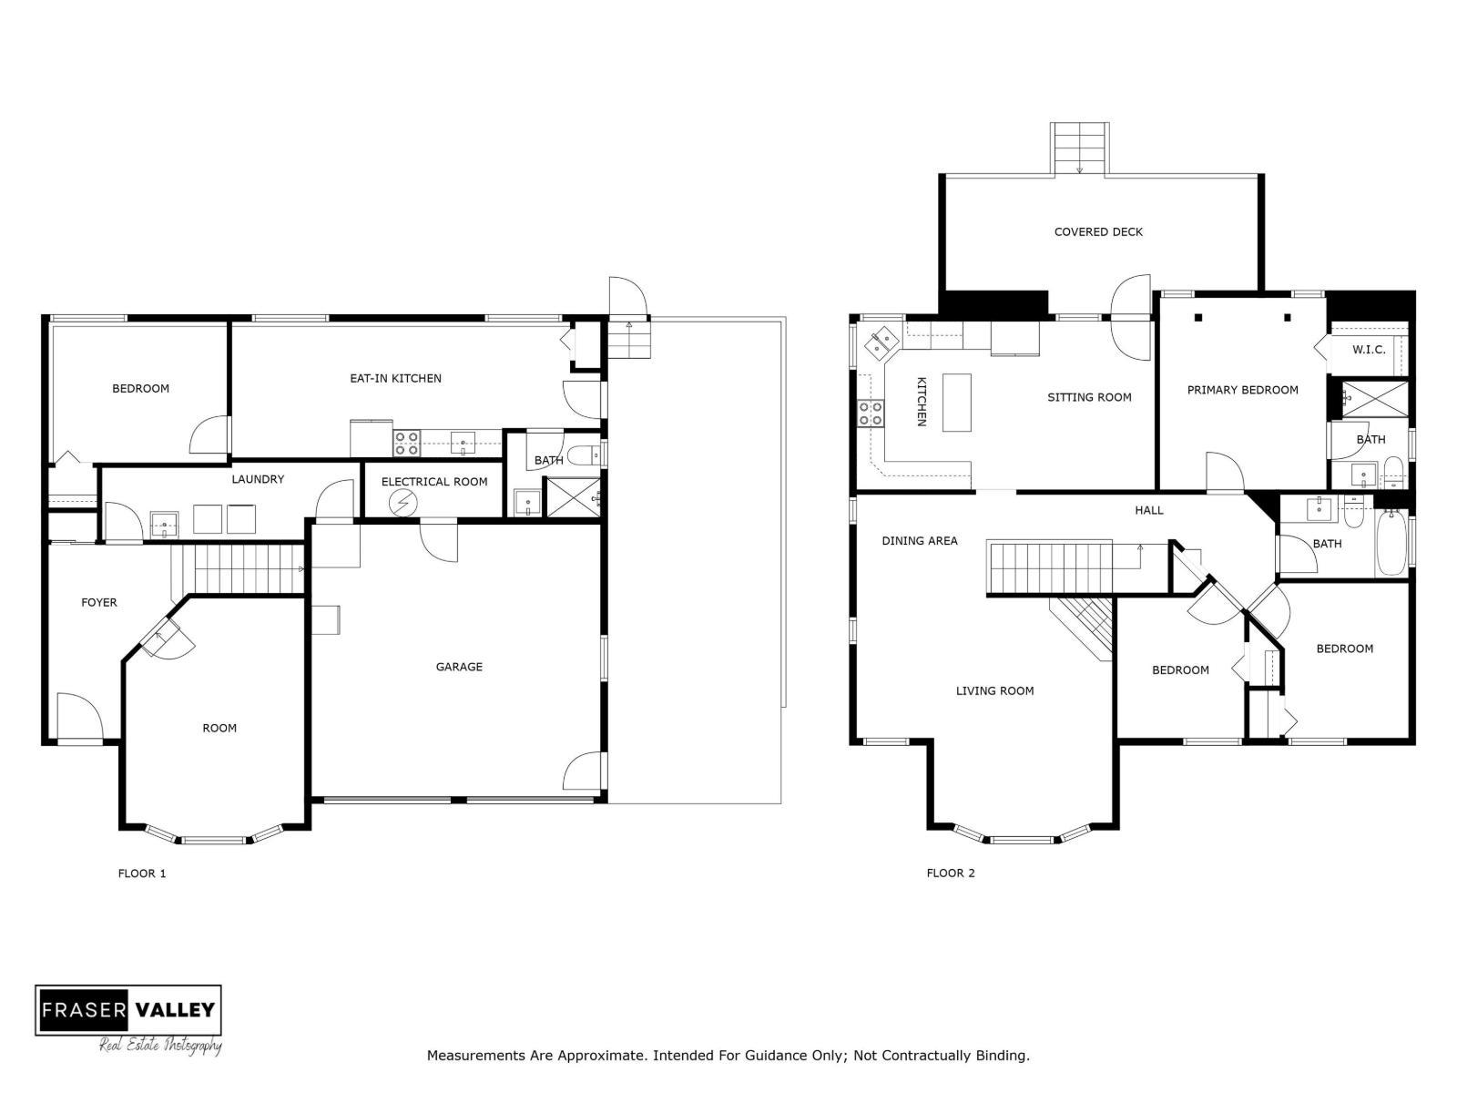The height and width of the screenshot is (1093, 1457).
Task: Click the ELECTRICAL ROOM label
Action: click(x=434, y=482)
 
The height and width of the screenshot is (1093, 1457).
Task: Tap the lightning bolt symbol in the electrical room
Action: click(x=402, y=503)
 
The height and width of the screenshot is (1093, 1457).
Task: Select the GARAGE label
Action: click(x=459, y=667)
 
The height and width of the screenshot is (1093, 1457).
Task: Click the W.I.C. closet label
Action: click(x=1369, y=349)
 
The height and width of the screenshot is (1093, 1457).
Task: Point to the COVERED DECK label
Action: click(x=1098, y=231)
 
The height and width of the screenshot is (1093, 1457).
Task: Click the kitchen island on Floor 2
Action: click(x=956, y=403)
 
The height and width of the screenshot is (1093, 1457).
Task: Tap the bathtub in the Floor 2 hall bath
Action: click(x=1391, y=544)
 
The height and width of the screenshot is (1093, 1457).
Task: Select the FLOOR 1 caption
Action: click(x=142, y=873)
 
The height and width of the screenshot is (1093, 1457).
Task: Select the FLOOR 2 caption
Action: click(x=951, y=873)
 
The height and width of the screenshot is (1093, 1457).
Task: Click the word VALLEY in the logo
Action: click(x=175, y=1010)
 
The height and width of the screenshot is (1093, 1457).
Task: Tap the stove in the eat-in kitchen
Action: click(x=406, y=444)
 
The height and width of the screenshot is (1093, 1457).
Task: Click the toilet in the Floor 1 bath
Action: click(x=587, y=455)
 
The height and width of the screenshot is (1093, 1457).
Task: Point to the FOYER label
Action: click(x=99, y=603)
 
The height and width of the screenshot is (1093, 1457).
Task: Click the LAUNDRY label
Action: click(x=258, y=479)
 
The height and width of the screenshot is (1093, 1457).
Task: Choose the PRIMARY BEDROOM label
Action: click(x=1243, y=390)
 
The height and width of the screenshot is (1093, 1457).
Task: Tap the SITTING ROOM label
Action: click(x=1089, y=397)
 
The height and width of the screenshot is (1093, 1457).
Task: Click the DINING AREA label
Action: click(x=920, y=541)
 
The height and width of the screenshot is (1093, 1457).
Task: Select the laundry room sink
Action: click(x=164, y=524)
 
